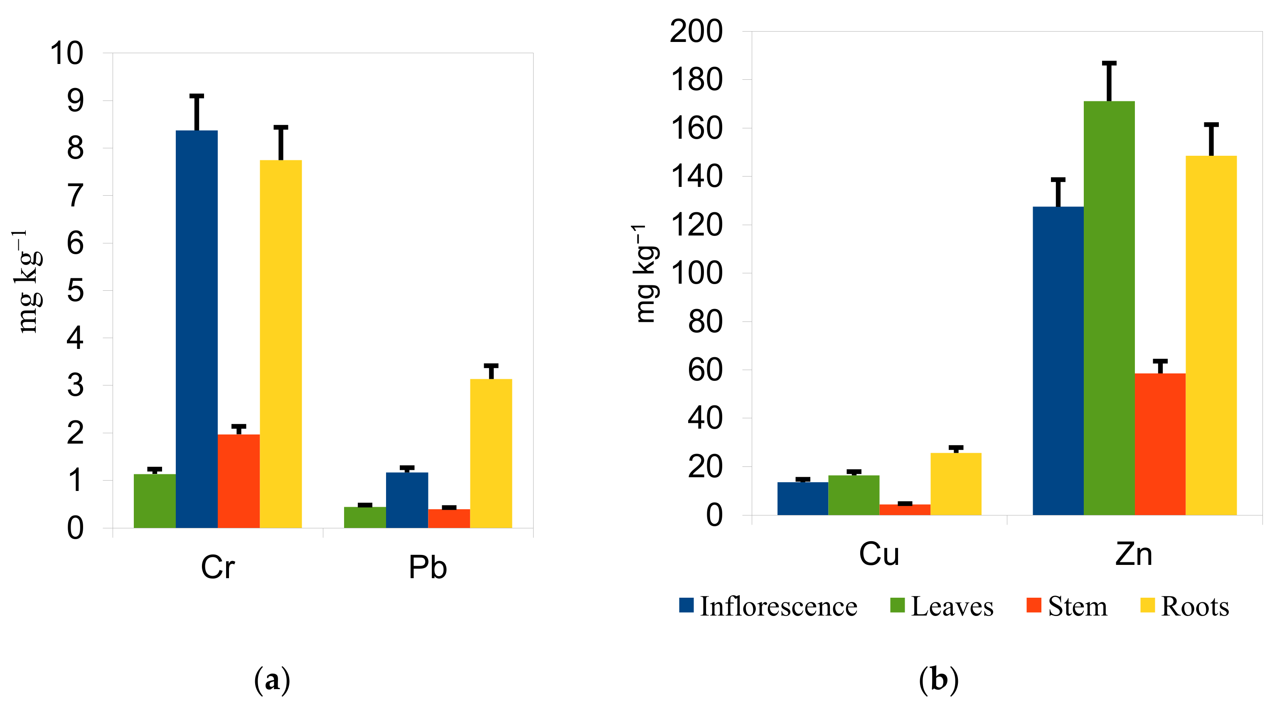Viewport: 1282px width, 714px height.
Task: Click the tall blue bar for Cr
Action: point(197,329)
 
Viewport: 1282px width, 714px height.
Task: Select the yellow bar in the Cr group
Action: point(281,344)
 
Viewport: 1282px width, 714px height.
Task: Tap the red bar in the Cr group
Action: point(239,481)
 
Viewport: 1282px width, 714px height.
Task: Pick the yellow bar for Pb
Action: point(491,453)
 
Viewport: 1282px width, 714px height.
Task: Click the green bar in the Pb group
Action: point(365,517)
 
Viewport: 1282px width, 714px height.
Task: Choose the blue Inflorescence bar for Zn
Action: point(1058,360)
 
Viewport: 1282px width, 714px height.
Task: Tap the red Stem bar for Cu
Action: point(904,510)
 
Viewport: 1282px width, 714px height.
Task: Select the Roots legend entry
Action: point(1184,606)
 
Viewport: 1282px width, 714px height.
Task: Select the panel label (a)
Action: point(272,680)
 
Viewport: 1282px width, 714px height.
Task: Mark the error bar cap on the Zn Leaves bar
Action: point(1109,64)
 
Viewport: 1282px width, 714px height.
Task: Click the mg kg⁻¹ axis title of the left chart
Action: point(28,281)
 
